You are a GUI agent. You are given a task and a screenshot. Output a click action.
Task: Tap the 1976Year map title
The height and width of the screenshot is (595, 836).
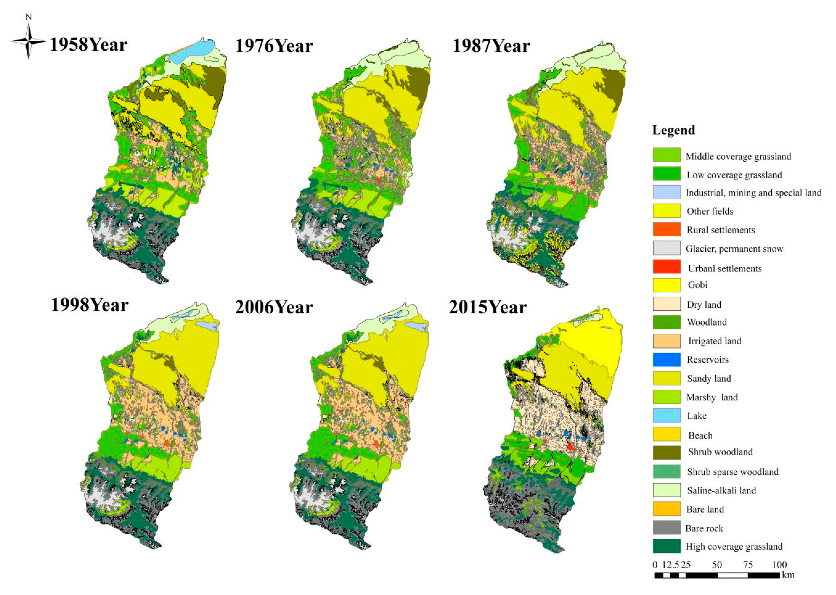point(274,46)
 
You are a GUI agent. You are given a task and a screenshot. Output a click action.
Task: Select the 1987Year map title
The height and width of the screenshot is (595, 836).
point(491,46)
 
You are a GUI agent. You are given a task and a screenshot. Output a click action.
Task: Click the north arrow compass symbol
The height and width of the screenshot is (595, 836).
point(28,41)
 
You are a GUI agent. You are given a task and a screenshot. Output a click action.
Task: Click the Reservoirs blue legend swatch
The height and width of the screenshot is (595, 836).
point(667,359)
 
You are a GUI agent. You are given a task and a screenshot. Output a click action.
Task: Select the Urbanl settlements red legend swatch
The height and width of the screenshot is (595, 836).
point(667,267)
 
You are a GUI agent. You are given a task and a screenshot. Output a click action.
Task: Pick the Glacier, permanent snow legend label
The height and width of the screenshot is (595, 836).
point(734,249)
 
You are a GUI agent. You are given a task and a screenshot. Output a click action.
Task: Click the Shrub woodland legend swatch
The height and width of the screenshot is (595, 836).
point(667,452)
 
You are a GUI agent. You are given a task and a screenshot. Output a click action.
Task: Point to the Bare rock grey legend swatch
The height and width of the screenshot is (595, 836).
point(667,528)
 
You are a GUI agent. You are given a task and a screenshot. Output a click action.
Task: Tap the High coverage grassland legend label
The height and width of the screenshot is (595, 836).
point(734,547)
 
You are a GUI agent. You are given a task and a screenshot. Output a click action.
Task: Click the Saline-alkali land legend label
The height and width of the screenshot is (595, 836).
point(721,491)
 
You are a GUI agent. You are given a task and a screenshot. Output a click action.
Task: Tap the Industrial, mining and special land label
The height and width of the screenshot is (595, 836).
point(753,193)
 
